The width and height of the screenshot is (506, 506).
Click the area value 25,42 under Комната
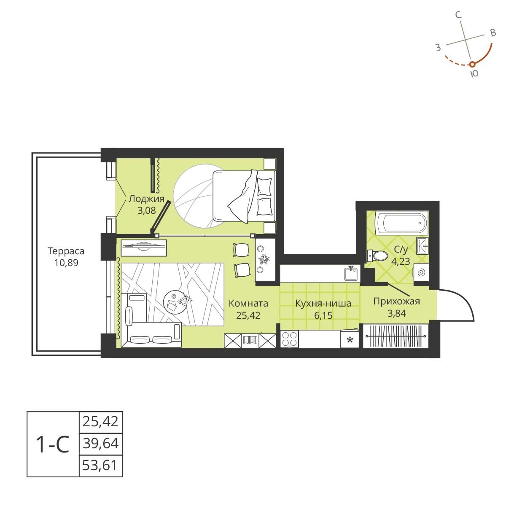(x=248, y=315)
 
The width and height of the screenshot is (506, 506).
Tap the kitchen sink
(x=350, y=273)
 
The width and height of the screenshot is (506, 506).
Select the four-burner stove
(x=290, y=339)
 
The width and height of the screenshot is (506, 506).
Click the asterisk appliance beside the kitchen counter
(x=350, y=339)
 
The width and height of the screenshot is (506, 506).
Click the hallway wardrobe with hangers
(x=396, y=336)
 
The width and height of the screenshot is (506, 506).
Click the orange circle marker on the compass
(x=472, y=64)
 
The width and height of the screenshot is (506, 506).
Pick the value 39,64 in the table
(x=101, y=444)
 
